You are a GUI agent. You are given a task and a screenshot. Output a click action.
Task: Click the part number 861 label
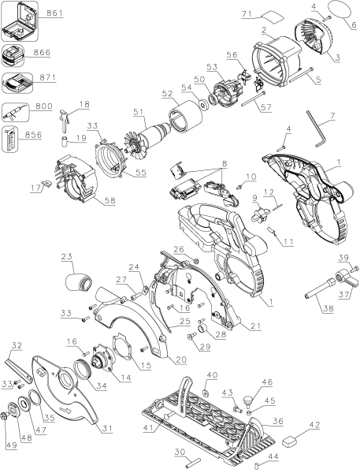tap(54, 13)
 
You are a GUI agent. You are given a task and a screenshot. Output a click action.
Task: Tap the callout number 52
tap(167, 94)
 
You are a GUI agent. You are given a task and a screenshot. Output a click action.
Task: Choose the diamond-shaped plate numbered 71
tap(273, 17)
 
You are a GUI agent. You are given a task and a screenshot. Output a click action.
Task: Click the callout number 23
tap(67, 256)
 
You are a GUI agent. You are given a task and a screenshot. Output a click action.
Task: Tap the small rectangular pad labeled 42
tap(290, 441)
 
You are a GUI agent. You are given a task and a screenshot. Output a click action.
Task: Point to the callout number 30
tap(180, 451)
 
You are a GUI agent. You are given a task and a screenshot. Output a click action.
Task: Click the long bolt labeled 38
tap(319, 289)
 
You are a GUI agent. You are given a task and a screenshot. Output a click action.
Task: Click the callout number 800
tap(44, 106)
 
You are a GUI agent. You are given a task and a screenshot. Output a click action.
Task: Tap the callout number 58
tap(110, 201)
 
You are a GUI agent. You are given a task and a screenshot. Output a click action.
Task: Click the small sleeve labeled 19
tap(65, 141)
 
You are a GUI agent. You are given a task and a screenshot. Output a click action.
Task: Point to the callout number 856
tap(33, 135)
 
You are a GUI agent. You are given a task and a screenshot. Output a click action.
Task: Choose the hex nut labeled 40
tap(206, 393)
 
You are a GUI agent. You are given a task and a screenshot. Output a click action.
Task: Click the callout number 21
tap(256, 326)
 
